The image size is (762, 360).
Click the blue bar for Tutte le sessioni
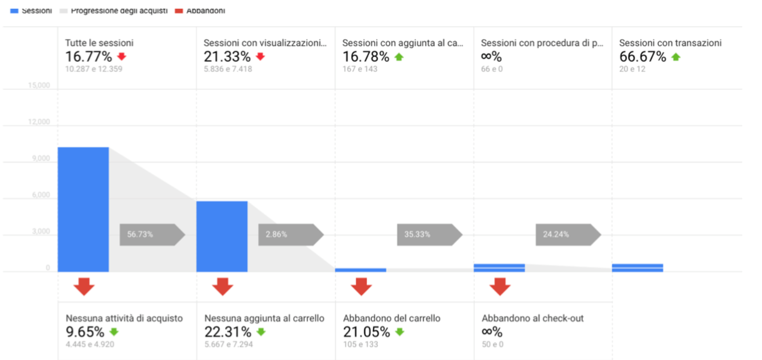pyautogui.click(x=83, y=209)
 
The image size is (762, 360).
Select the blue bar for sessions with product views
pyautogui.click(x=222, y=236)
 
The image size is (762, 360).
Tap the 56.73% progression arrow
pyautogui.click(x=152, y=235)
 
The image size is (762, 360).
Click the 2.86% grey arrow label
pyautogui.click(x=290, y=235)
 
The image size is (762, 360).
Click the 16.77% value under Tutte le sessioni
pyautogui.click(x=88, y=57)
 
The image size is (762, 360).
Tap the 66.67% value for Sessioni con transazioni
pyautogui.click(x=642, y=57)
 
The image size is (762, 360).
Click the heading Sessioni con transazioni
pyautogui.click(x=670, y=43)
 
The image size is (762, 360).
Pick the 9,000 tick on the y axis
pyautogui.click(x=41, y=159)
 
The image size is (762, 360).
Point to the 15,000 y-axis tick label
pyautogui.click(x=39, y=86)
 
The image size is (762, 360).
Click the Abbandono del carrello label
pyautogui.click(x=391, y=318)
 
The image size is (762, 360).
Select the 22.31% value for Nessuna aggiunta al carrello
pyautogui.click(x=228, y=332)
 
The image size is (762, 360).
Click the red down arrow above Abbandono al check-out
pyautogui.click(x=500, y=286)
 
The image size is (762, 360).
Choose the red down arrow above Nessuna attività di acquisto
pyautogui.click(x=84, y=286)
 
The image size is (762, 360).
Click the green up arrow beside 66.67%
pyautogui.click(x=675, y=57)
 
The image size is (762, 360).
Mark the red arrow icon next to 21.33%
pyautogui.click(x=260, y=57)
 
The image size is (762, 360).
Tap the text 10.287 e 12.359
pyautogui.click(x=93, y=69)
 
